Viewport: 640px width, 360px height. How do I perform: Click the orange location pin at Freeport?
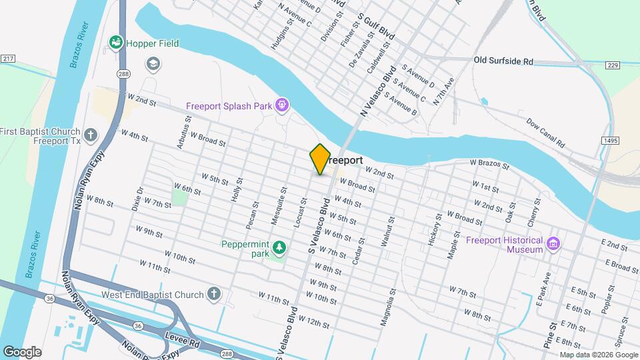(320, 159)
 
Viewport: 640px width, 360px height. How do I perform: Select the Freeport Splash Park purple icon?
(283, 105)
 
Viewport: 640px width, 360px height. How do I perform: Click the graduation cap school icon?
(153, 63)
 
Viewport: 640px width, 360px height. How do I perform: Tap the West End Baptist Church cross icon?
(213, 294)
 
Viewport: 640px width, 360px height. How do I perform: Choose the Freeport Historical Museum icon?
(553, 245)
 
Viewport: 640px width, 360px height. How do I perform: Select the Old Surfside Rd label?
(503, 61)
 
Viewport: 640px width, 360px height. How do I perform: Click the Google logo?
(21, 352)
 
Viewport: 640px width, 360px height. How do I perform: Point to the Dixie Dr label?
(139, 199)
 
